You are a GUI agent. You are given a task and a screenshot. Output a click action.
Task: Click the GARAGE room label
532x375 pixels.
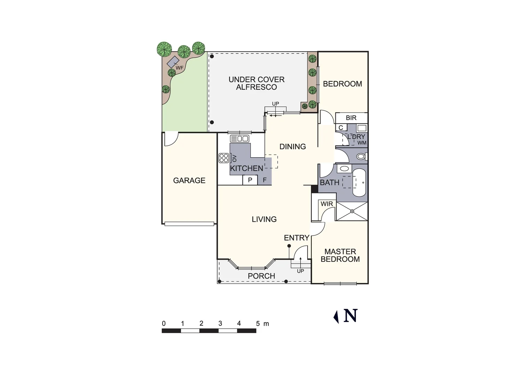(189, 181)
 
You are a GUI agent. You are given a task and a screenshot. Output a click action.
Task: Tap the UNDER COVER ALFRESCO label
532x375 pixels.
(256, 83)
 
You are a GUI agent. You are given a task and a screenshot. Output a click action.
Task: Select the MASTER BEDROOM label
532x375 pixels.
(340, 255)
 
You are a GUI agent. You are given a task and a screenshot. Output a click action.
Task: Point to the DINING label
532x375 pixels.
(293, 147)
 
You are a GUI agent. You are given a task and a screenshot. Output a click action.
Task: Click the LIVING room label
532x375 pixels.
(264, 219)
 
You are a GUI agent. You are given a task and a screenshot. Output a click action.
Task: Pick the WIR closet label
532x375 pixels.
(326, 204)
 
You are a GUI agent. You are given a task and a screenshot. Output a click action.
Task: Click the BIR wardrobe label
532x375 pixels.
(351, 118)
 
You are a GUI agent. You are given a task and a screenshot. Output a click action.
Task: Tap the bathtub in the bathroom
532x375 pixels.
(359, 183)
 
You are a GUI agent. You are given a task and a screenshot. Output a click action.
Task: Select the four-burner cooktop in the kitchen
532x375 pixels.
(224, 158)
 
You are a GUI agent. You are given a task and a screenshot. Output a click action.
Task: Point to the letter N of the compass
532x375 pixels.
(350, 316)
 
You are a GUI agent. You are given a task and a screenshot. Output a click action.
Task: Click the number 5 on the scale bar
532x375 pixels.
(258, 324)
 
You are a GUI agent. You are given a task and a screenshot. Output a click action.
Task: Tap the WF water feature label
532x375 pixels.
(179, 68)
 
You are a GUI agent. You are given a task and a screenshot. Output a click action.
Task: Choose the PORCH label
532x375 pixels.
(261, 276)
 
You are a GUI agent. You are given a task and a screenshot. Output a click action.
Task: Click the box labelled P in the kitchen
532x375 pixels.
(250, 180)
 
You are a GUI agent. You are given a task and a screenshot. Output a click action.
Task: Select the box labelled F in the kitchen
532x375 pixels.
(264, 180)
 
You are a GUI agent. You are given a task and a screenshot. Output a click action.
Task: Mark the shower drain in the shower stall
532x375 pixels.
(352, 211)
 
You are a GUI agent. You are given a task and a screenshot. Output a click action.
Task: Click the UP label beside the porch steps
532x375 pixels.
(300, 271)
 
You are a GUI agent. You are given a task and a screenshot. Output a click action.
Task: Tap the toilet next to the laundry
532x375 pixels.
(361, 157)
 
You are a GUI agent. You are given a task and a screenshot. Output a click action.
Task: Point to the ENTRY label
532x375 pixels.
(296, 238)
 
